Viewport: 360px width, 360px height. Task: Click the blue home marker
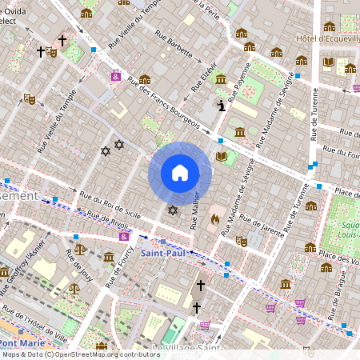[x=180, y=173]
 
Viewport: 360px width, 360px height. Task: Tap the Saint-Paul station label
[x=164, y=252]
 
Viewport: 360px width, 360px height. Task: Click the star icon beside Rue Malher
[x=172, y=210]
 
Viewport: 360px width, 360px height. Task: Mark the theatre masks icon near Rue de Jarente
[x=242, y=240]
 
